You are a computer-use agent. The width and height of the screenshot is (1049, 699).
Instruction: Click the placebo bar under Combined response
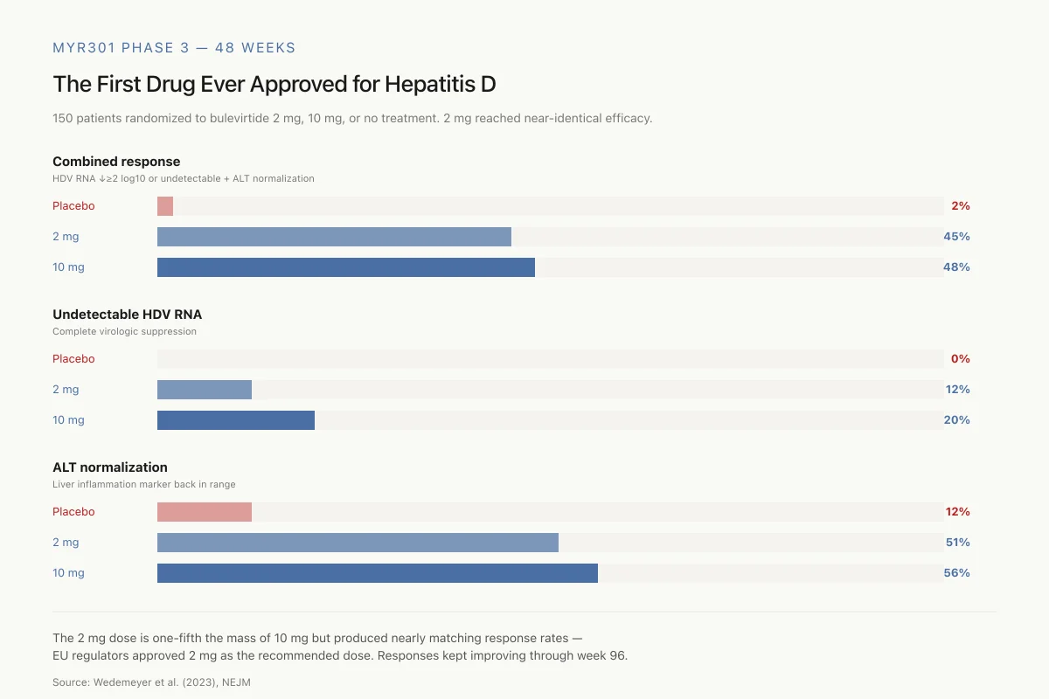(165, 206)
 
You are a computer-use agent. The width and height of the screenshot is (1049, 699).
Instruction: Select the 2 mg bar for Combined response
(334, 237)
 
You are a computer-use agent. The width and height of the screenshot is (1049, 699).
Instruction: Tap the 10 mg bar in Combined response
(346, 267)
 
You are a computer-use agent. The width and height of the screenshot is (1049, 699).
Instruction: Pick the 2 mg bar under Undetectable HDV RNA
(205, 390)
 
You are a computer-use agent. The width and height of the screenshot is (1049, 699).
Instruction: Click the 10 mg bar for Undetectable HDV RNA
(236, 420)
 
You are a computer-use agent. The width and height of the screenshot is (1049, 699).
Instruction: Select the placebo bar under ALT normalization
(205, 512)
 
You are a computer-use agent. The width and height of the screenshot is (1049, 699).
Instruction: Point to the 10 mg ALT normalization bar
(378, 573)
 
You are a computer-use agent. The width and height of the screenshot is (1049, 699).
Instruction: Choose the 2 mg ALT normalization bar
(358, 543)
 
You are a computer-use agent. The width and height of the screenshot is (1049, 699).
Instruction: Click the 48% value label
(956, 266)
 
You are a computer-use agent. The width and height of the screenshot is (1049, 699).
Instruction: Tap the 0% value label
(960, 358)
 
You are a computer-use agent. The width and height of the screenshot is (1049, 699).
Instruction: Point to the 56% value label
(956, 572)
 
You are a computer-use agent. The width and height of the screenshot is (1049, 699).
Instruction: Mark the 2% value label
(961, 205)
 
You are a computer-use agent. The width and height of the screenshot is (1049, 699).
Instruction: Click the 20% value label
(956, 419)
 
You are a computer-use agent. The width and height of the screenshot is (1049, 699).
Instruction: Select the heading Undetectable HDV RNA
(128, 315)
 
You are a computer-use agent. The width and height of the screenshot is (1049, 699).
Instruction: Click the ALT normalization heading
(110, 467)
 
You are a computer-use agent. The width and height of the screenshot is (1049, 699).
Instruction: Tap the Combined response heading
(116, 162)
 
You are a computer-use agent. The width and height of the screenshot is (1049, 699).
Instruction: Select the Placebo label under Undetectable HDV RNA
(73, 358)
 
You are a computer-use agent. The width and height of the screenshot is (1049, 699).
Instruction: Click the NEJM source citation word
(236, 682)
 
